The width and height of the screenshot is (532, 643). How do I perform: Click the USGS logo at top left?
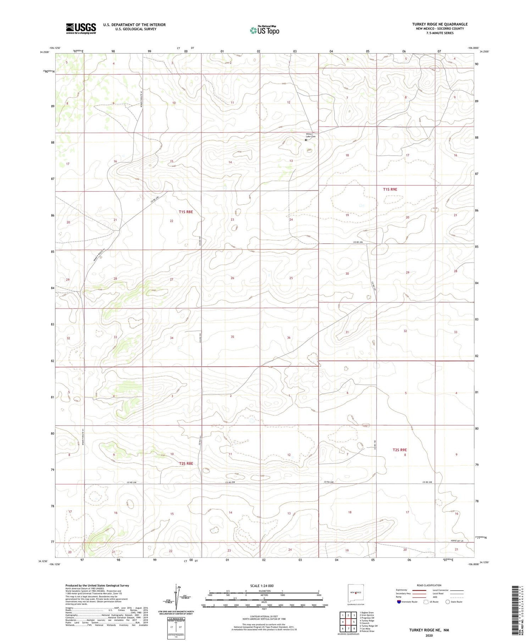pos(81,28)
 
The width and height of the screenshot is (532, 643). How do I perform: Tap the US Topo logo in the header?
pos(264,31)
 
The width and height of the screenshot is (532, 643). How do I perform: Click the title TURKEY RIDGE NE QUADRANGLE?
pos(439,24)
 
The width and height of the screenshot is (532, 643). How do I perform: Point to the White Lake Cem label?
pos(311,135)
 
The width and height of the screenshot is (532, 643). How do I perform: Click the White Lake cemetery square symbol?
pos(306,140)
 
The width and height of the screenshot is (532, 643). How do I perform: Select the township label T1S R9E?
pos(390,189)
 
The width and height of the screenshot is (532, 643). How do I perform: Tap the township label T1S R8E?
pos(186,212)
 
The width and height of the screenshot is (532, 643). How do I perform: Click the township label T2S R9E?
pos(399,450)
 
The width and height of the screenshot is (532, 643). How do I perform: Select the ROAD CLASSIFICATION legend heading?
pos(429,585)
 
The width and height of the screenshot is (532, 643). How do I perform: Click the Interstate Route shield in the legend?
pos(399,602)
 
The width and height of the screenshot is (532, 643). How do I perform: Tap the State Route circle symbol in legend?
pos(448,602)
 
